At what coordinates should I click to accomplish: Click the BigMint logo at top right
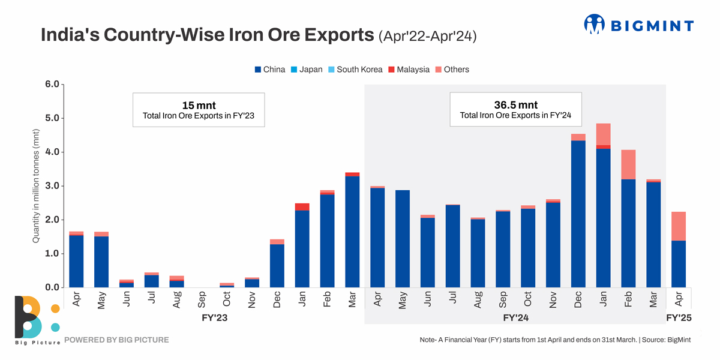[x=638, y=25]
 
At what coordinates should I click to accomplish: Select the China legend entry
[x=270, y=70]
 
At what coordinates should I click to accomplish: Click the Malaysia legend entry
[x=409, y=70]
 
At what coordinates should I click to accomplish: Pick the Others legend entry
[x=452, y=70]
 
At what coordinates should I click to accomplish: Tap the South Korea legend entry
[x=355, y=70]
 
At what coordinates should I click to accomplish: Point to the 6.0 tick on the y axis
[x=52, y=84]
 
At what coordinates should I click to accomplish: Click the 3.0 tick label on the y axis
[x=52, y=186]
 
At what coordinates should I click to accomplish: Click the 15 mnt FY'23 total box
[x=199, y=110]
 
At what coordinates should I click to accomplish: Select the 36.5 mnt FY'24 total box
[x=515, y=109]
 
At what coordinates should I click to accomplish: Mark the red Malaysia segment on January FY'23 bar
[x=302, y=207]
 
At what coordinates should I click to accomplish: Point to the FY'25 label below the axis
[x=679, y=317]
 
